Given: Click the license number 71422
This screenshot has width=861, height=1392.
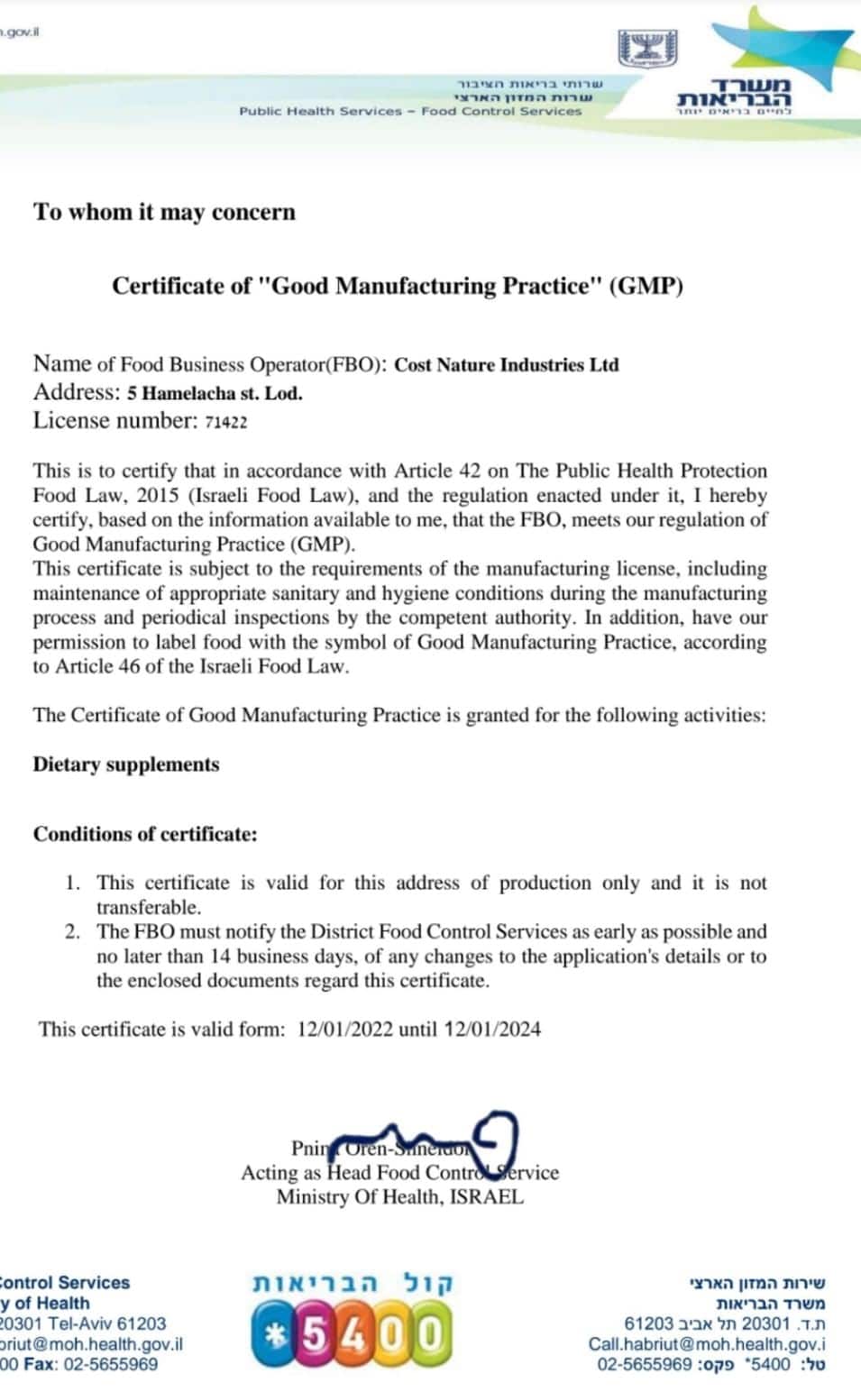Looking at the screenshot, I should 225,422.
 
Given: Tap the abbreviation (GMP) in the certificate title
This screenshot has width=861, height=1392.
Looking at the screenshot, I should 646,286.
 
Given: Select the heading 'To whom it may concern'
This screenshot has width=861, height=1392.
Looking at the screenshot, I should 165,212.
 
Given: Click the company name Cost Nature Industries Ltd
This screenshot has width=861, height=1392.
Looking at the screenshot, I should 507,365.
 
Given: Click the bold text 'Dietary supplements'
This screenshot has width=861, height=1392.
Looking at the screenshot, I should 126,765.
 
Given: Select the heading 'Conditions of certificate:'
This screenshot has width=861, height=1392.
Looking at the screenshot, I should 145,834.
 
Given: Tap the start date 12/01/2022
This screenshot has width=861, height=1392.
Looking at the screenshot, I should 344,1029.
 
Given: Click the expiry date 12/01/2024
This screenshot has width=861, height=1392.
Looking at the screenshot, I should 492,1029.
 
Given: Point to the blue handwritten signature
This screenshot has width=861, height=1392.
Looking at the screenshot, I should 433,1140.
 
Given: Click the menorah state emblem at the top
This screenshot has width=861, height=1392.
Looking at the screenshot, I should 647,48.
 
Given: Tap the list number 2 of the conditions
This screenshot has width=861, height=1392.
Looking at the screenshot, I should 72,931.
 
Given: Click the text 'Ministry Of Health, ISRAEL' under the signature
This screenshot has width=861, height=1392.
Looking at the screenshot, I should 399,1197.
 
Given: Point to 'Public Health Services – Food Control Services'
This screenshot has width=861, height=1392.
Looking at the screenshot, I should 410,111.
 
